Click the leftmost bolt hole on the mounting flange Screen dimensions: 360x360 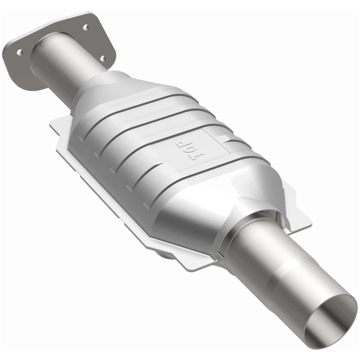tap(19, 52)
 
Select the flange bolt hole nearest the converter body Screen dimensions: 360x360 tap(103, 58)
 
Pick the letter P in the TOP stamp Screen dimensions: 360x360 tap(180, 143)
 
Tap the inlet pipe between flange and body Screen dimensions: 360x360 tap(67, 72)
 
